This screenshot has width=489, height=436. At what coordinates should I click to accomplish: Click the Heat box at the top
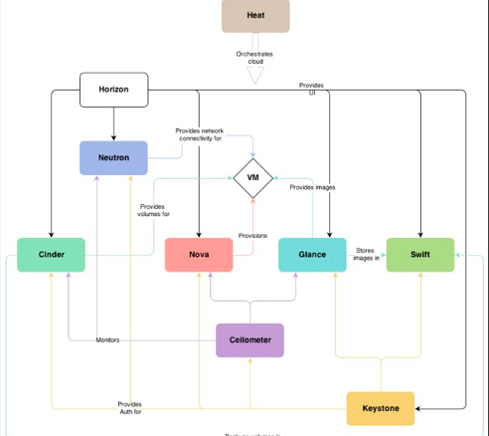pos(255,16)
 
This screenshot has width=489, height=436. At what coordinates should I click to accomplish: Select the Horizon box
pos(113,90)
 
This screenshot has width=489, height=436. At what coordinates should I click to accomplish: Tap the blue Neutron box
pos(113,157)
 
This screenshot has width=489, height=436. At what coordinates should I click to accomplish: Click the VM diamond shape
pos(252,178)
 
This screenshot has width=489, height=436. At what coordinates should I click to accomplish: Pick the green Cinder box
pos(52,255)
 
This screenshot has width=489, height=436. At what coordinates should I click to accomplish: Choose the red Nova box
pos(199,255)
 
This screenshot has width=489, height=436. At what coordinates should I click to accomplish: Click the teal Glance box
pos(312,255)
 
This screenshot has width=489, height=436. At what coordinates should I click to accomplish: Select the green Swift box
pos(419,255)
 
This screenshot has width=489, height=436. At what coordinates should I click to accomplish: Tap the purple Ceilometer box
pos(249,340)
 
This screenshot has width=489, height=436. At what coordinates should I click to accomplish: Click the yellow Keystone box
pos(380,408)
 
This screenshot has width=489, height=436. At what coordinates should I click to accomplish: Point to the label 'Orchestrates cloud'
pos(254,57)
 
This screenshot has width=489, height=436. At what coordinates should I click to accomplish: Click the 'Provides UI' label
pos(311,89)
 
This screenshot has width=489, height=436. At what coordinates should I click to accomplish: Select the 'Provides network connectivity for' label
pos(199,134)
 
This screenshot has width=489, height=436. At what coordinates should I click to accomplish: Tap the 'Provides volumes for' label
pos(154,210)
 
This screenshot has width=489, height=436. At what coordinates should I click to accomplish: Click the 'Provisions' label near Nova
pos(252,236)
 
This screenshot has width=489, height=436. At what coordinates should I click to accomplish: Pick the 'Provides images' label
pos(312,187)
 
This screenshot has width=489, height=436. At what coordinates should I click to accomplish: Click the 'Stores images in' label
pos(366,255)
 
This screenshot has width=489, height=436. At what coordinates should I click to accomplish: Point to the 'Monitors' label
pos(107,340)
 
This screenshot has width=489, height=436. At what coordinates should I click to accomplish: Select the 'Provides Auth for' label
pos(130,408)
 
